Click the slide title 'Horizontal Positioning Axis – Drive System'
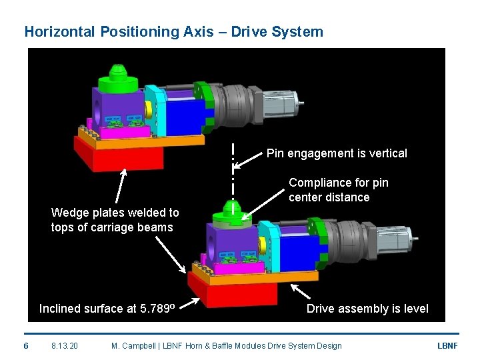(173, 31)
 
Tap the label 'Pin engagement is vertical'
(337, 153)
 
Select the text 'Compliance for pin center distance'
(338, 190)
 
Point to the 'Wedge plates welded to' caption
(115, 213)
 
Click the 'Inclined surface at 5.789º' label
(107, 309)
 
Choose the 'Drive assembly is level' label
(367, 309)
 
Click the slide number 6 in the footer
(25, 345)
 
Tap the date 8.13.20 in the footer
(65, 345)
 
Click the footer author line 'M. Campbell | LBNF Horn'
(226, 345)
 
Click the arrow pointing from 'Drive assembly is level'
(301, 292)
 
